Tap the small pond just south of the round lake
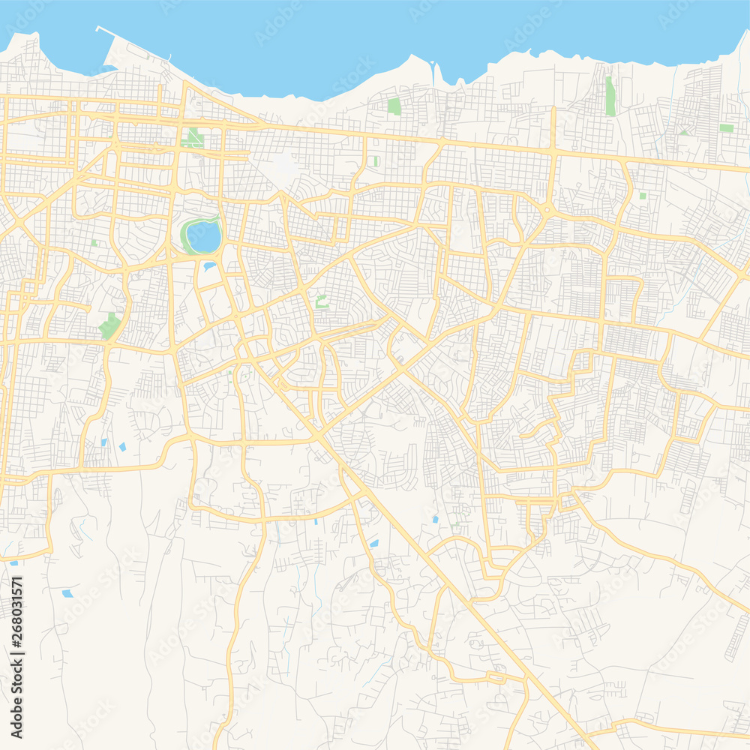(209, 265)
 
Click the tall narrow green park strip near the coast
(610, 95)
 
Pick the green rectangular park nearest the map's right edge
(726, 128)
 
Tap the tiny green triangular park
(683, 132)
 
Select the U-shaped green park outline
(322, 301)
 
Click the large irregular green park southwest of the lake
(109, 325)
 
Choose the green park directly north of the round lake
(193, 138)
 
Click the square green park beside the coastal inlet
(394, 106)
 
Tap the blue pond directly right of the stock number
(67, 593)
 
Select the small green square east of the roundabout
(643, 196)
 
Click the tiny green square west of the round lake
(94, 243)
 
